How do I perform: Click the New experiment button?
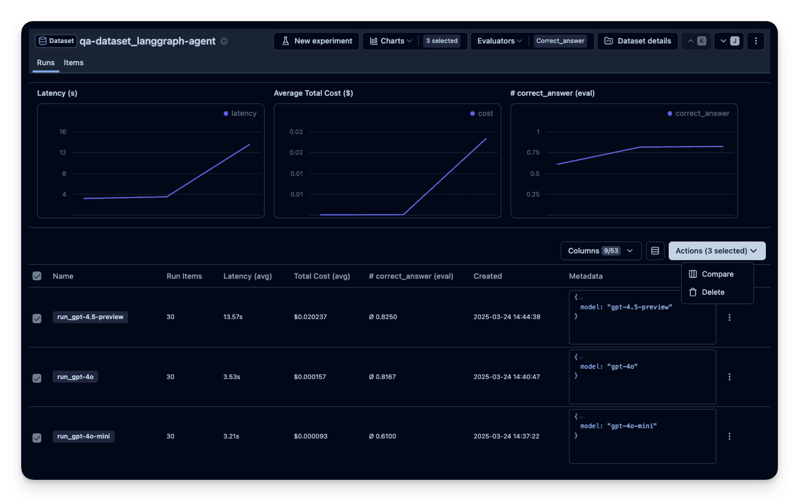[x=316, y=41]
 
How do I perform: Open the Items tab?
[x=73, y=63]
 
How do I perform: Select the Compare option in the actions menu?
[x=717, y=274]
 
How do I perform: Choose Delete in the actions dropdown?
[x=713, y=292]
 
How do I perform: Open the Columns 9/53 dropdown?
[x=601, y=251]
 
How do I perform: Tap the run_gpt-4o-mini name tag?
[x=84, y=436]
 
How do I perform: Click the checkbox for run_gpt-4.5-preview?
[x=37, y=318]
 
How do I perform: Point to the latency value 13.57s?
[x=233, y=317]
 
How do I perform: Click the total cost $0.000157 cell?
[x=310, y=377]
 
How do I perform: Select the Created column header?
[x=487, y=276]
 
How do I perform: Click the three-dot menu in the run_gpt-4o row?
[x=729, y=377]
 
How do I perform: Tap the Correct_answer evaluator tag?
[x=560, y=41]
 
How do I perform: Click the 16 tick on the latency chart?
[x=63, y=132]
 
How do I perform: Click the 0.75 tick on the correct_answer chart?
[x=533, y=153]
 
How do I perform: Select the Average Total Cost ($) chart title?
[x=313, y=93]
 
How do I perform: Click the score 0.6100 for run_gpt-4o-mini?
[x=382, y=436]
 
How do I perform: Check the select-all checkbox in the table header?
[x=37, y=276]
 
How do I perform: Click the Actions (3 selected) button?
[x=717, y=251]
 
